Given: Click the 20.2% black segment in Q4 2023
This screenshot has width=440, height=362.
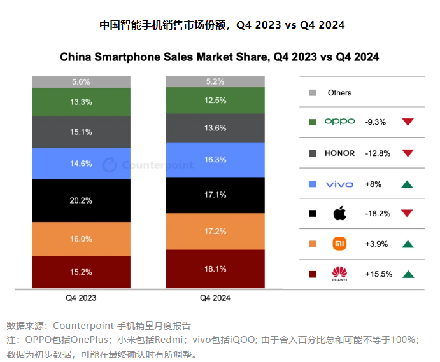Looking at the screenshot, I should coord(82,200).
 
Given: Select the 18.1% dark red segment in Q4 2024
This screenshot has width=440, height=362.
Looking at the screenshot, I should coord(215,269).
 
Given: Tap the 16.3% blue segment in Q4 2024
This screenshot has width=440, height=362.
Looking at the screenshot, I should coord(215,160).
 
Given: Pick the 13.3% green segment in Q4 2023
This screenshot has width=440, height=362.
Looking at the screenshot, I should coord(82,102).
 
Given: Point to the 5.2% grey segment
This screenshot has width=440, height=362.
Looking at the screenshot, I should coord(215,81).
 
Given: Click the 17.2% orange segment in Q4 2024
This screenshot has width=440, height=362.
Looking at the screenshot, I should coord(215,231).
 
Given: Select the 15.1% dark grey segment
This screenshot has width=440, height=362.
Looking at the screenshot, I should coord(82,132).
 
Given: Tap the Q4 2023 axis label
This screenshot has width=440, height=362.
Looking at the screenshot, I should coord(82,297).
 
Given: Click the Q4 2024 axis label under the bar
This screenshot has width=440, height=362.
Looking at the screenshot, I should coord(215,297).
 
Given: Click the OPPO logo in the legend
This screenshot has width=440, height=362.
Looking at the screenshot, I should coord(339,122).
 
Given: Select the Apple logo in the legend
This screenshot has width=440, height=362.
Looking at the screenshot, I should coord(339,213).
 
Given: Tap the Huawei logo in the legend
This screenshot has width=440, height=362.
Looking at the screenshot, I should coord(339,274).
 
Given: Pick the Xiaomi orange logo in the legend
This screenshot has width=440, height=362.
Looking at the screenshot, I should coord(339,244).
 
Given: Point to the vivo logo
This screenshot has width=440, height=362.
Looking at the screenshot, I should coord(339,184).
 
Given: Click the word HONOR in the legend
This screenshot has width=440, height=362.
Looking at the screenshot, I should coord(339,153).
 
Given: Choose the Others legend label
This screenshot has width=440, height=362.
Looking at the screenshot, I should coord(339,93).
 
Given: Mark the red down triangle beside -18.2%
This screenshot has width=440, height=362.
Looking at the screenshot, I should coord(408,213).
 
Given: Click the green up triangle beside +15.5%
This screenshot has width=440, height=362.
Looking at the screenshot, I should coord(408,274).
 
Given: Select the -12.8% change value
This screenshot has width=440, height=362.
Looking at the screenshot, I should coord(377,153).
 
